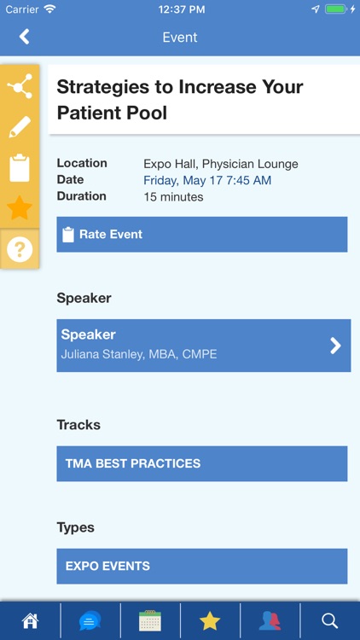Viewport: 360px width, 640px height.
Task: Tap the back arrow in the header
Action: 24,37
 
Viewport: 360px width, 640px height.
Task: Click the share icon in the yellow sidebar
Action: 19,86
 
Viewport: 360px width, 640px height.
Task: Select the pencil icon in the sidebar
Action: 19,127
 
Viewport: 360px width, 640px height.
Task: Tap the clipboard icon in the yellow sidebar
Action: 19,167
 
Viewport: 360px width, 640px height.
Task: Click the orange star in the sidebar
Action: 19,207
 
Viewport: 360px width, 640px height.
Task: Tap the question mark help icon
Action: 19,249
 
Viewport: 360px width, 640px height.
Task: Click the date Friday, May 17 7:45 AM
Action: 207,180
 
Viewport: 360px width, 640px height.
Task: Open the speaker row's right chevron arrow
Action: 335,345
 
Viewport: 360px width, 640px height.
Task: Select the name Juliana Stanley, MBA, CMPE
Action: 139,354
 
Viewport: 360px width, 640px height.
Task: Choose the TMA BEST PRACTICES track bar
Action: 202,463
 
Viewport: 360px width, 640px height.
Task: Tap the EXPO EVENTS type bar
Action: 202,566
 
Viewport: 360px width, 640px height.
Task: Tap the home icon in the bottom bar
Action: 30,620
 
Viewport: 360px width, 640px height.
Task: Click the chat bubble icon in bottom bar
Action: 90,620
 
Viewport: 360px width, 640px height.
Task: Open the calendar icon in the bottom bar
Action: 150,620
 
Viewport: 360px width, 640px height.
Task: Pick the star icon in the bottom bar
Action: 210,620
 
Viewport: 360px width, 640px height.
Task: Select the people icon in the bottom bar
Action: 270,620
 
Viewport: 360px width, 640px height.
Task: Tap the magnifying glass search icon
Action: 330,620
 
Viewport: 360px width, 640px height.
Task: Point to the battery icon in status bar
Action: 337,9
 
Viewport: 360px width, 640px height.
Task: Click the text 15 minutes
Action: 173,197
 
